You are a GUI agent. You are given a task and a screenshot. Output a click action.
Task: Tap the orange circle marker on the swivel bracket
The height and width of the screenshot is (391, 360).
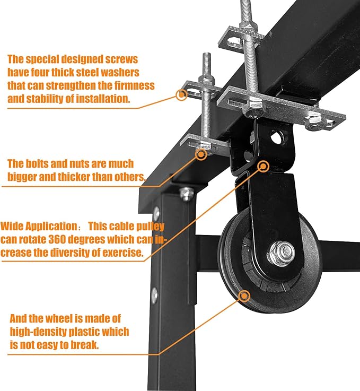(x=262, y=166)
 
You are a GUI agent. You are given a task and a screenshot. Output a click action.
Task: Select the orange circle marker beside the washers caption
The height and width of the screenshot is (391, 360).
(x=182, y=95)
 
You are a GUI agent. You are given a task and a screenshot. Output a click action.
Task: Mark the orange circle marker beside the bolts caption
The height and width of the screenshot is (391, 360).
(x=201, y=154)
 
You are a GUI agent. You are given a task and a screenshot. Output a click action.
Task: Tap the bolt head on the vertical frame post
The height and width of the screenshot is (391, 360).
(x=186, y=194)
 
